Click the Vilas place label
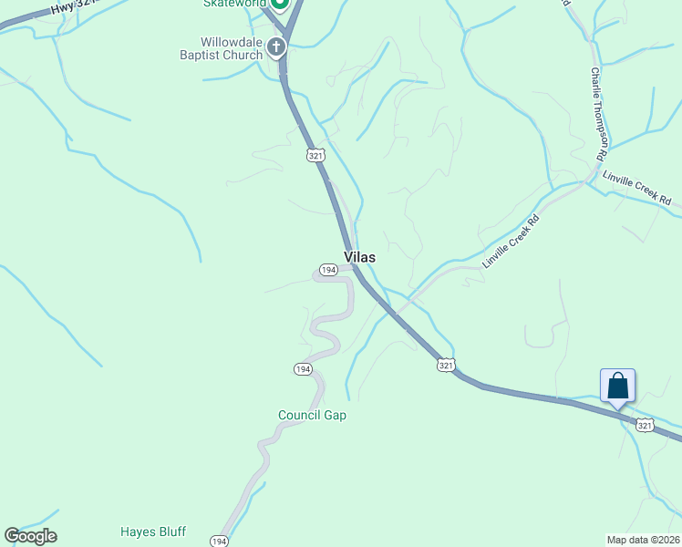pos(359,258)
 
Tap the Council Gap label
pos(312,416)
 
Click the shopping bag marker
pos(617,385)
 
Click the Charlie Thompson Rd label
pos(598,114)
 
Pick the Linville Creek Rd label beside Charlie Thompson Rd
pos(636,189)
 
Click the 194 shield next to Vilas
pos(328,270)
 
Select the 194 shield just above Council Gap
pos(303,369)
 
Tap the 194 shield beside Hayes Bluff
pos(219,541)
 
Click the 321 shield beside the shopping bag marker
pos(645,425)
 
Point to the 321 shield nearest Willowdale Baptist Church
pos(315,156)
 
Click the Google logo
pos(30,536)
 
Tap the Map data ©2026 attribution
pos(643,540)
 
